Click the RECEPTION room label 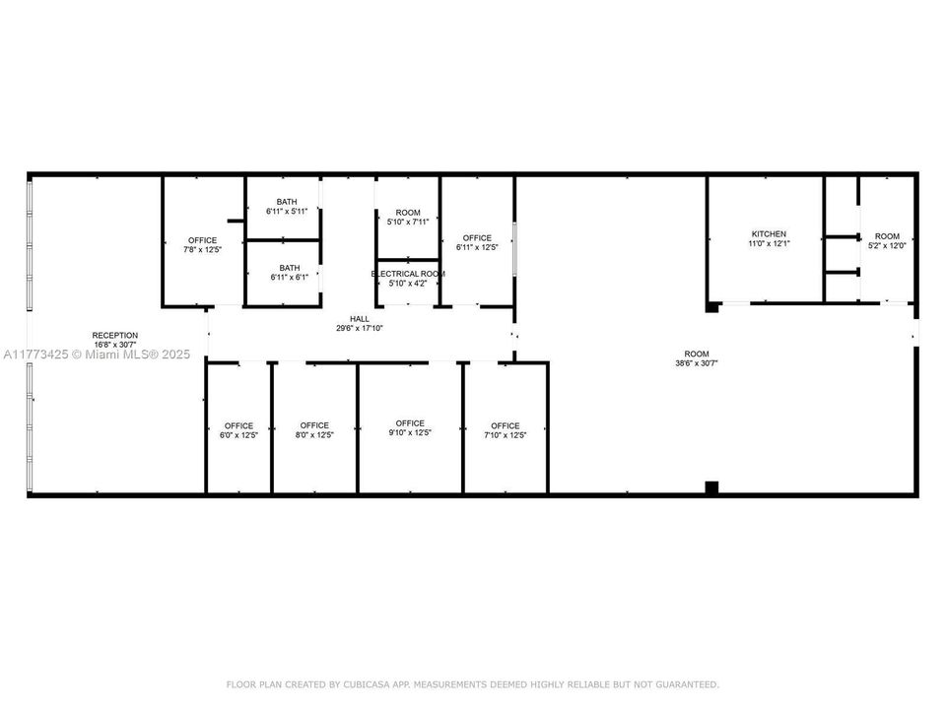click(x=114, y=335)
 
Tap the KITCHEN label click(x=769, y=234)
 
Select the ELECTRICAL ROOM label click(x=408, y=274)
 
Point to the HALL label click(x=360, y=319)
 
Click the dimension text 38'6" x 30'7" click(x=697, y=363)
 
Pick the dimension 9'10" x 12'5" click(x=410, y=433)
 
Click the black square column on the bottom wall click(x=711, y=487)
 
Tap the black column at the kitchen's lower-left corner click(x=712, y=307)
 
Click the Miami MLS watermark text click(x=97, y=354)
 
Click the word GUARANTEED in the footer click(x=687, y=684)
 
